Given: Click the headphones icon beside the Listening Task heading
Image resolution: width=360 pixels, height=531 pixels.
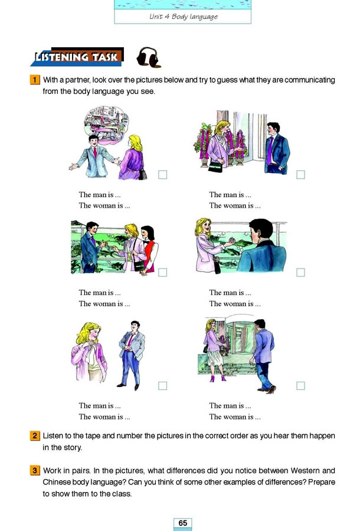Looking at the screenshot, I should pos(148,57).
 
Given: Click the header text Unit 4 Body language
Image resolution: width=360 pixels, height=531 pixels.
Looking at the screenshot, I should pos(183,17).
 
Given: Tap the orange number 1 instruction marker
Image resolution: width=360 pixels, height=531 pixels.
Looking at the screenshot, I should pos(35,80).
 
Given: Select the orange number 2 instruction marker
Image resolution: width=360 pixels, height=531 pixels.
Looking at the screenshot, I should pos(35,436).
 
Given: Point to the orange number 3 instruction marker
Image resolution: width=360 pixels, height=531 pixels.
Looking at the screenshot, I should pos(35,470).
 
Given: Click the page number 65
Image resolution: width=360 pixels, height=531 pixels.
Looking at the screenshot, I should pos(182,523).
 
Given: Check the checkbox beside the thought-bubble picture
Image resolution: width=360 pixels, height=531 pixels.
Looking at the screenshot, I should pos(163,175).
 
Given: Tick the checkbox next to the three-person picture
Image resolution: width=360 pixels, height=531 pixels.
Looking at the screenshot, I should pos(163,273).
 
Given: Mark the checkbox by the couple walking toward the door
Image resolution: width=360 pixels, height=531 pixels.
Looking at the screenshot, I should pos(300,386).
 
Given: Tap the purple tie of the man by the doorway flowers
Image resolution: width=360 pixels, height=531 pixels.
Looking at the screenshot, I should pos(270,153).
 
